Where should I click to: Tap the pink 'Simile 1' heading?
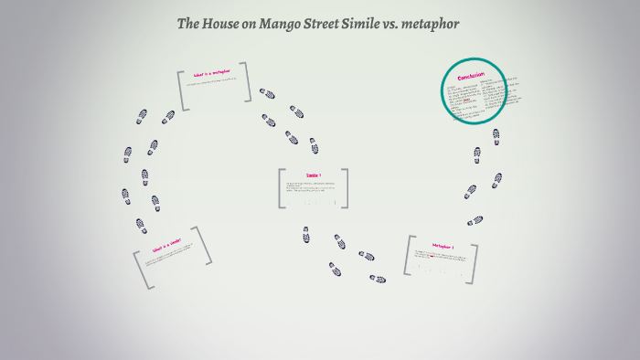coord(314,174)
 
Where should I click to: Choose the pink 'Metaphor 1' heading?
coord(443,246)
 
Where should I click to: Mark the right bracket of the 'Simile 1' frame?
coord(345,188)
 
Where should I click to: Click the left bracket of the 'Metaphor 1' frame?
coord(410,259)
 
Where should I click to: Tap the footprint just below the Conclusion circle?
coord(496,135)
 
